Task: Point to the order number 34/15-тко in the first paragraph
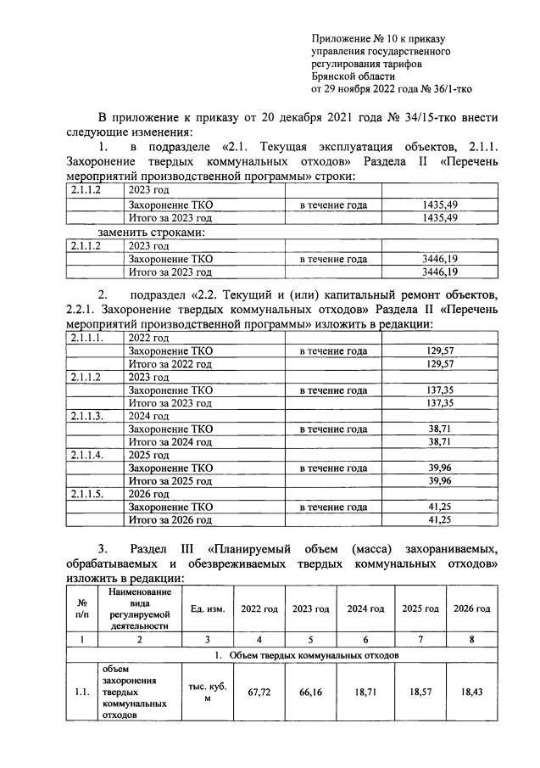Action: point(433,116)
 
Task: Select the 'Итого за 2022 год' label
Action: point(169,363)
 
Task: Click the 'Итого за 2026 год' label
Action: point(169,519)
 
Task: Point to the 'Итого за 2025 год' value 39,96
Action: point(440,480)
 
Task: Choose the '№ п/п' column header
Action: point(82,609)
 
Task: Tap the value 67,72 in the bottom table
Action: point(259,692)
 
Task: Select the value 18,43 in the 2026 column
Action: point(471,692)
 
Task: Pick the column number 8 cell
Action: point(471,641)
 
